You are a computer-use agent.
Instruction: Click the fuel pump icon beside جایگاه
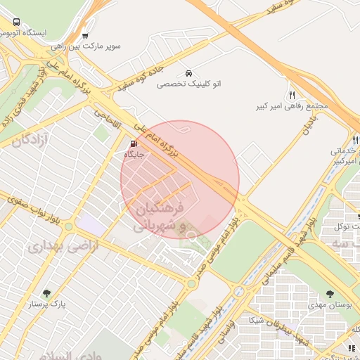134,144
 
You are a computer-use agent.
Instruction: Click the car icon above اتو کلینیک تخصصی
188,73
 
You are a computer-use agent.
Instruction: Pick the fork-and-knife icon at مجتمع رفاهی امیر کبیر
292,95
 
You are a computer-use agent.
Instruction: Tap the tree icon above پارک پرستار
47,293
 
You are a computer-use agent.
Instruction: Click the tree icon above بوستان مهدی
330,294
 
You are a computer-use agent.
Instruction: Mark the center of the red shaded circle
180,180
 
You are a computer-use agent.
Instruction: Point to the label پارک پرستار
47,304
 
